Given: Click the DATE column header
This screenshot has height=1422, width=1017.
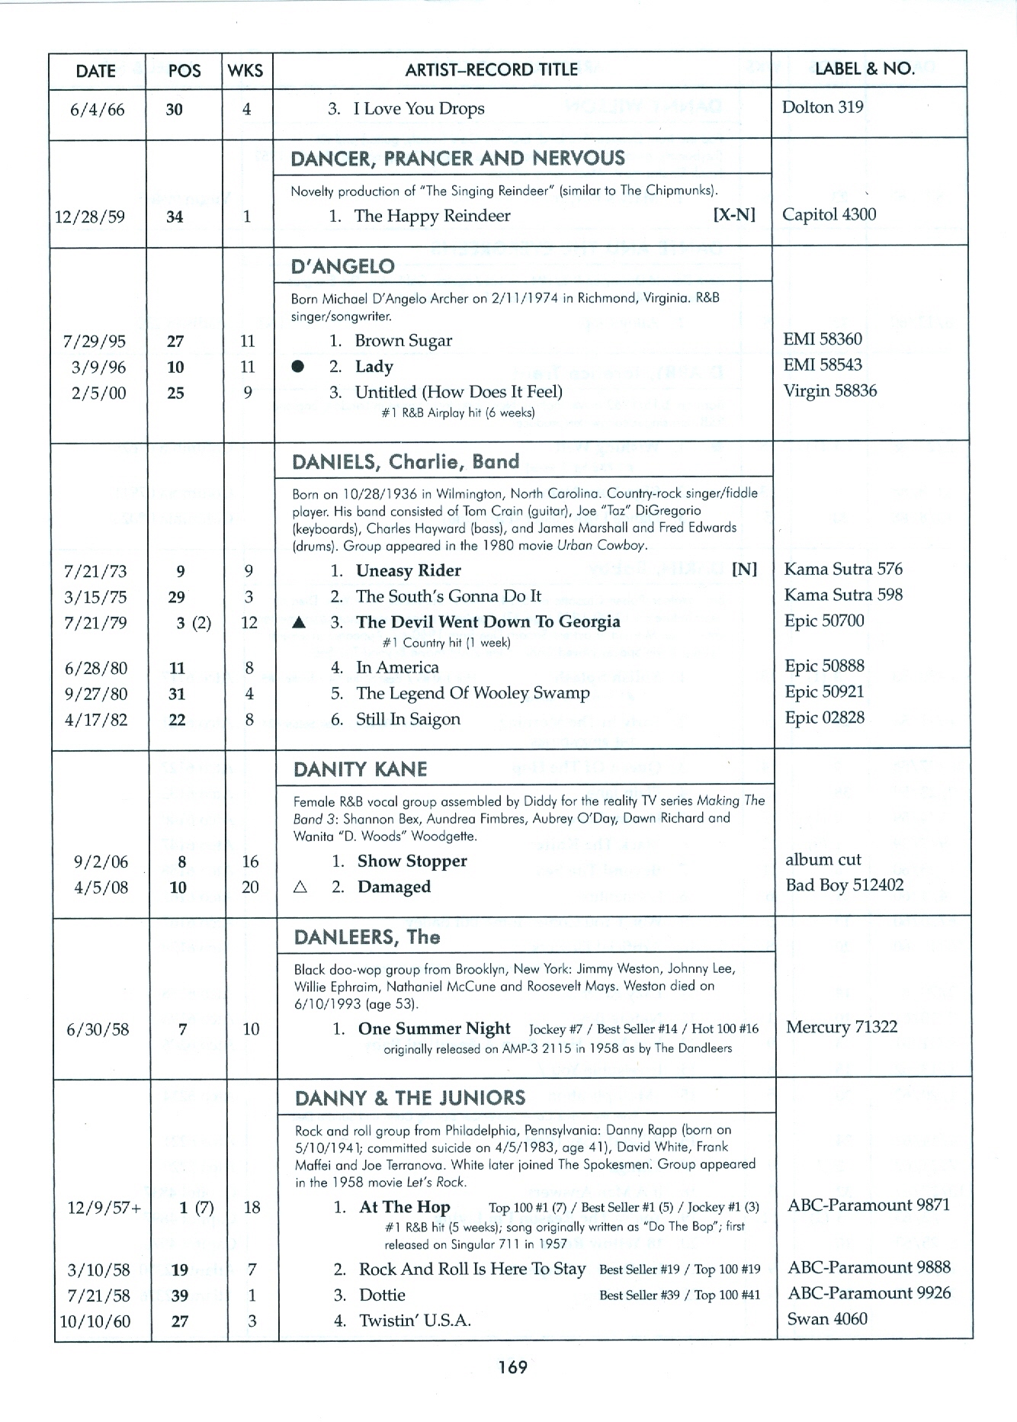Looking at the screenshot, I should click(x=96, y=71).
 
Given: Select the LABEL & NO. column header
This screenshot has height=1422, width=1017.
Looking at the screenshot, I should click(x=865, y=69).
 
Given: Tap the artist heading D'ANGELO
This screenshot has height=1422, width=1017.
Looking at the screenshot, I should click(x=342, y=266).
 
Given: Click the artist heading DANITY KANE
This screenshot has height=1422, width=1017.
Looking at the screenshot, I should click(x=360, y=769).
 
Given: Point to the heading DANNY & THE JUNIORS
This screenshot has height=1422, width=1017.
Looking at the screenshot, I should click(x=409, y=1097).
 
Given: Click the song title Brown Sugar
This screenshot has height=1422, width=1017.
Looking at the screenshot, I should click(x=403, y=341).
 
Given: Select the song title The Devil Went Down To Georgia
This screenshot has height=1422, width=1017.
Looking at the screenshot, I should click(x=488, y=621).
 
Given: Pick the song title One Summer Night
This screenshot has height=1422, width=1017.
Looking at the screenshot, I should click(x=434, y=1028).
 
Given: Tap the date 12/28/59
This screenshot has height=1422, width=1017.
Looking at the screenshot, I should click(x=90, y=217).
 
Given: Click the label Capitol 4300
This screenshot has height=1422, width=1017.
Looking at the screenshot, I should click(x=829, y=214).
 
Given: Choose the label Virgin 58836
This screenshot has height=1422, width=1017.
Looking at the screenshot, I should click(x=829, y=391).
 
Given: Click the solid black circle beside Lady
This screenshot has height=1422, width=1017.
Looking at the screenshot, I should click(x=298, y=367).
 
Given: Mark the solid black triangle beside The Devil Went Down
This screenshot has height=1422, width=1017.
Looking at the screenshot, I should click(x=300, y=622).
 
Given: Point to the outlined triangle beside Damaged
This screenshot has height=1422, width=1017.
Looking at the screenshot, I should click(x=300, y=887).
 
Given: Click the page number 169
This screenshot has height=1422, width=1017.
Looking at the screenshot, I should click(x=512, y=1367).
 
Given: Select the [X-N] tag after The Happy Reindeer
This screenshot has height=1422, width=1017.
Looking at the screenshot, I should click(x=734, y=216).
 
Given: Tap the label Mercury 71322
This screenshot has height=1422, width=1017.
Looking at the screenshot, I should click(x=841, y=1027).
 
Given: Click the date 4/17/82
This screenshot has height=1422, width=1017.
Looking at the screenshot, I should click(x=96, y=720).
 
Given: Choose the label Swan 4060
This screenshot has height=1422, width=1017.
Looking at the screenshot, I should click(x=827, y=1319).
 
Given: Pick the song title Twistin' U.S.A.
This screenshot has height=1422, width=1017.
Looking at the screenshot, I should click(x=414, y=1321).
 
